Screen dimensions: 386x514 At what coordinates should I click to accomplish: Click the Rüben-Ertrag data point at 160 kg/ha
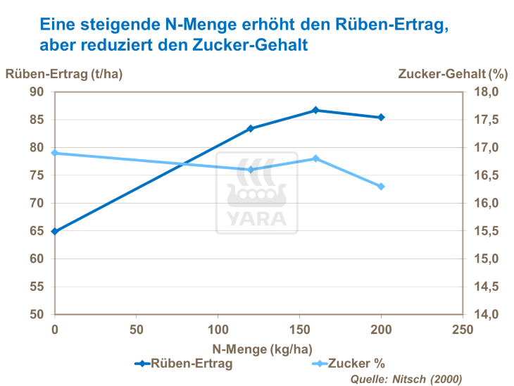point(315,111)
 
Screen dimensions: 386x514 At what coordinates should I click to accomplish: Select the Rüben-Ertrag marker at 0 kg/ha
point(55,231)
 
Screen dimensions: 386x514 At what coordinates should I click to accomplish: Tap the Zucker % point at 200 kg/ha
point(381,187)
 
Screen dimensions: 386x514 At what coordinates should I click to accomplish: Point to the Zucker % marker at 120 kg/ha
point(251,170)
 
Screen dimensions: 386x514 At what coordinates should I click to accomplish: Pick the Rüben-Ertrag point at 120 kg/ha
point(251,129)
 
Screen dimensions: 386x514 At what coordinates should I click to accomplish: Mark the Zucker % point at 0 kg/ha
point(55,153)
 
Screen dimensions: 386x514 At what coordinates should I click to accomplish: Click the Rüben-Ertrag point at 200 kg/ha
point(381,117)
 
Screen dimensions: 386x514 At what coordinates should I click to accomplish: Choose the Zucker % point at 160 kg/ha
point(315,158)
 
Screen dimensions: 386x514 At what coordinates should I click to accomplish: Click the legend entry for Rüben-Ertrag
point(184,363)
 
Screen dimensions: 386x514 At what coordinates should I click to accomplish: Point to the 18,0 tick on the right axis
point(485,92)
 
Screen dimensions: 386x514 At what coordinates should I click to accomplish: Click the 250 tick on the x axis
point(462,329)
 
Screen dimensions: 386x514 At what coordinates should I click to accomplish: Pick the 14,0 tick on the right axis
point(485,314)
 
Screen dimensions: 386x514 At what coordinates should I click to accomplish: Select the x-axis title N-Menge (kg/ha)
point(258,348)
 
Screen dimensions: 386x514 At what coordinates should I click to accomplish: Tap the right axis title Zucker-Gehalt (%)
point(452,73)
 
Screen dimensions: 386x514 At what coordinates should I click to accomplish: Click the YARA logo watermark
point(256,193)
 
